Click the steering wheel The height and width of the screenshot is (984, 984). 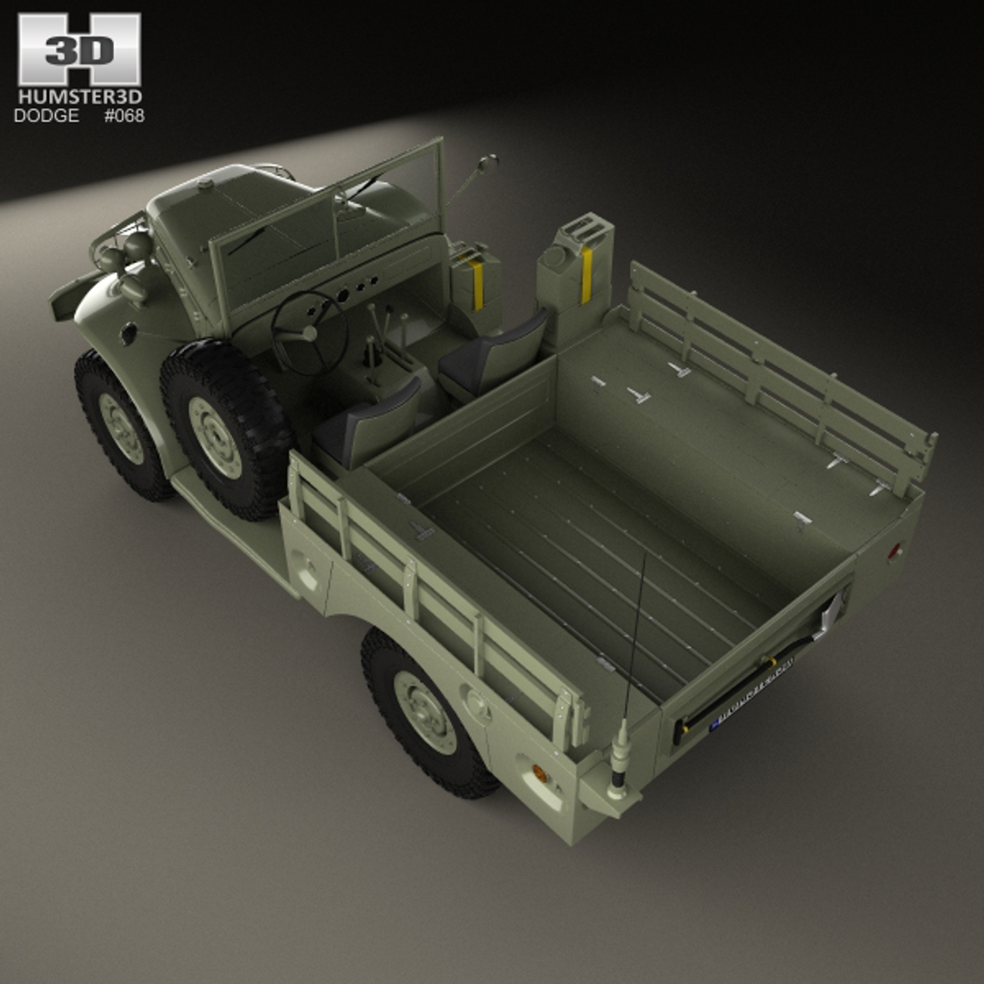(310, 333)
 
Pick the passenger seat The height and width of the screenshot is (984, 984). (492, 355)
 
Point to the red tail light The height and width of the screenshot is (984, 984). (896, 550)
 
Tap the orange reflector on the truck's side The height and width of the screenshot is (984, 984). (539, 774)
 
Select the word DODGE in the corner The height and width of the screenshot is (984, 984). (46, 116)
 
